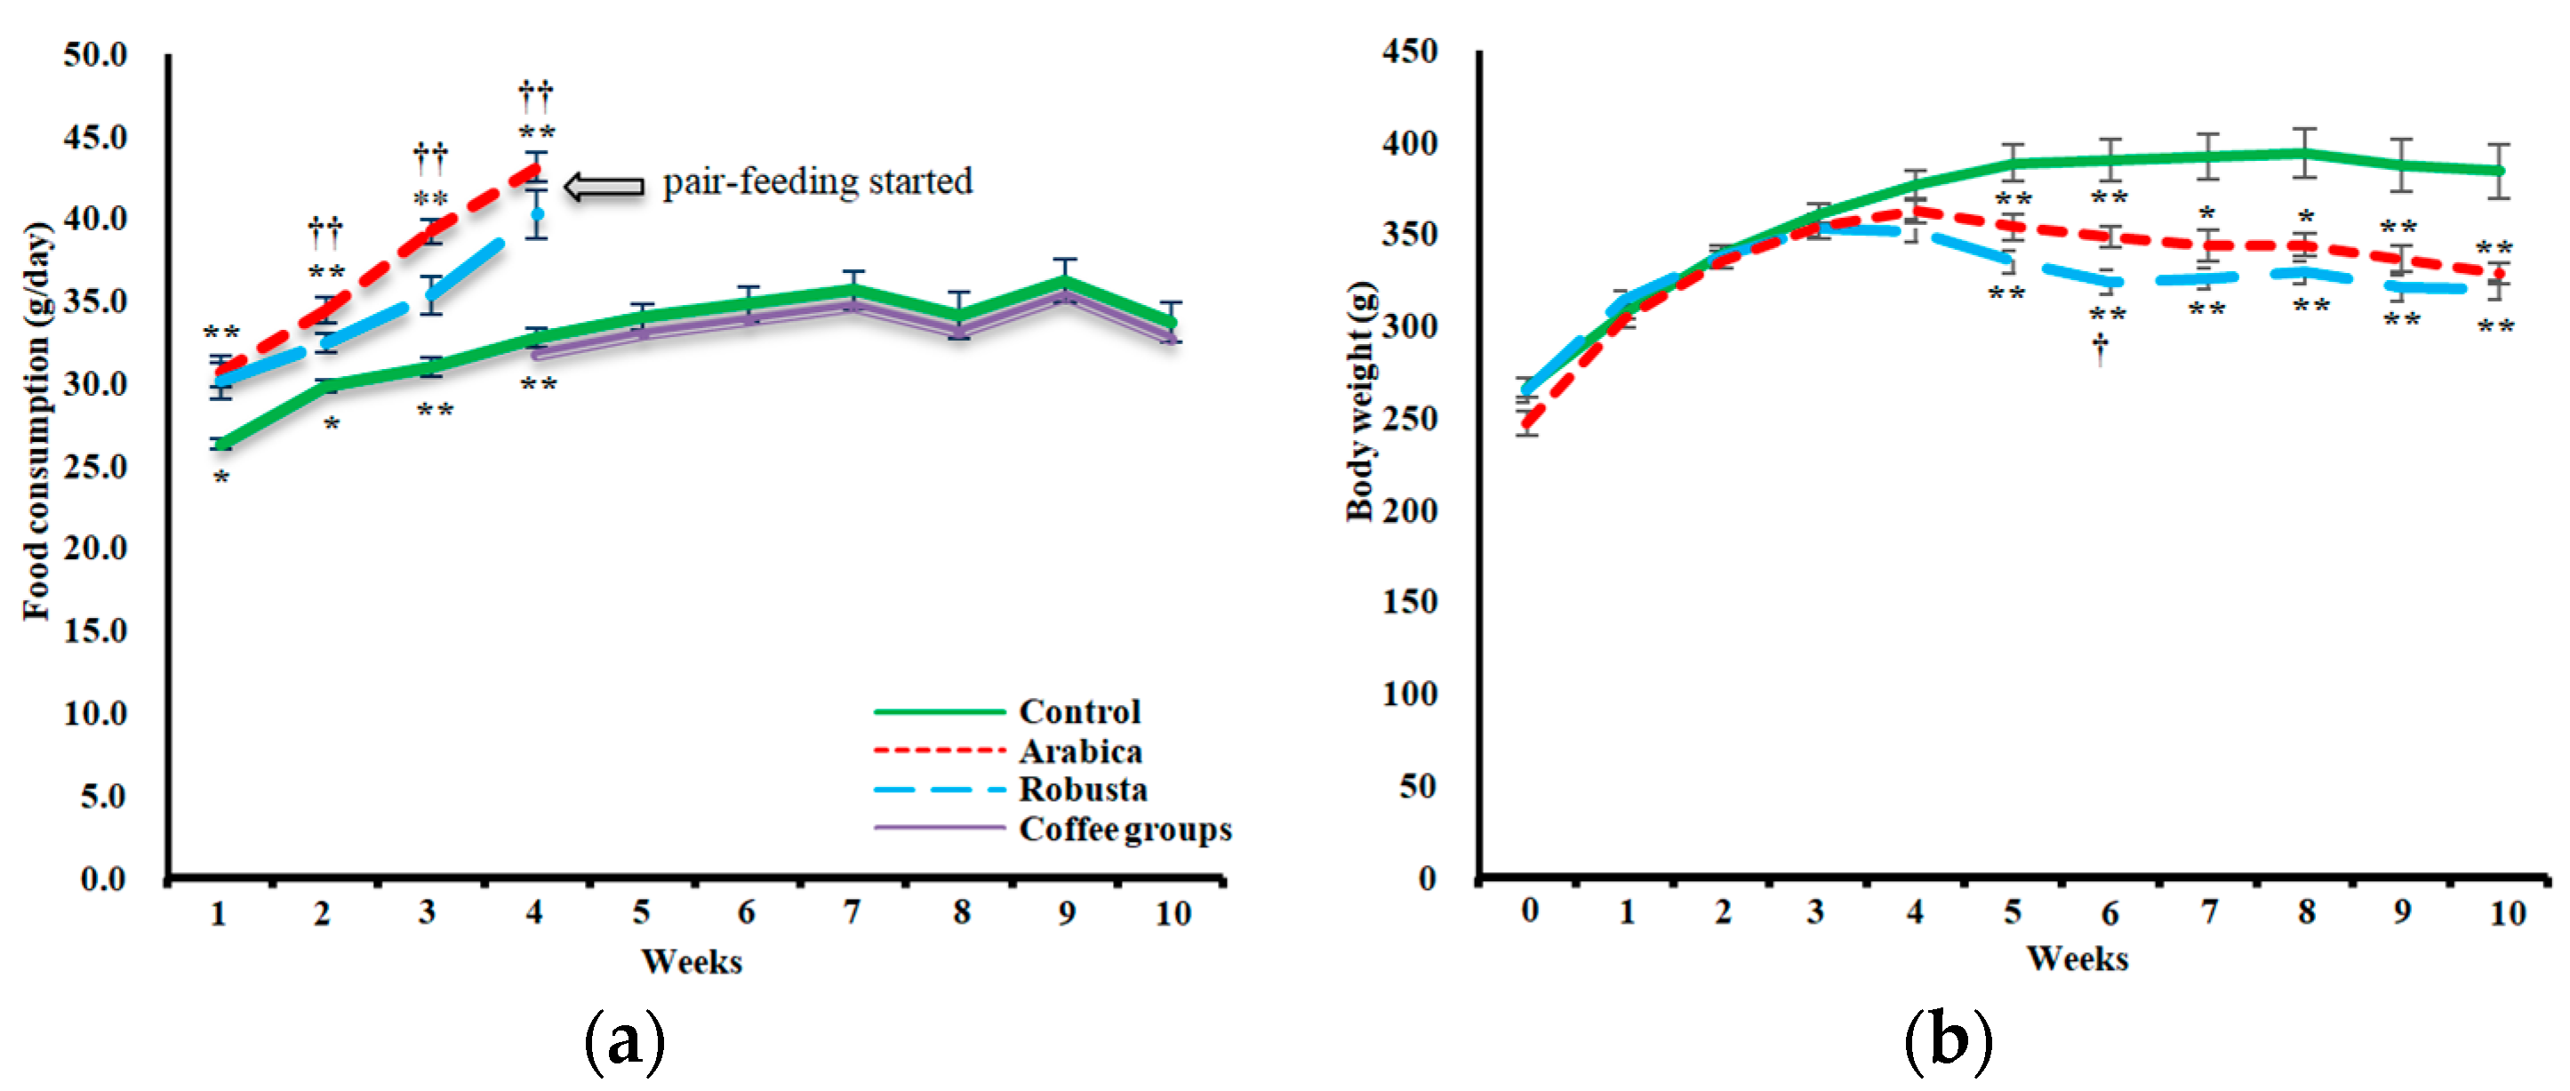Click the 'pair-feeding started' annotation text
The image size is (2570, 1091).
817,182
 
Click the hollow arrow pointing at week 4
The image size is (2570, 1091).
604,186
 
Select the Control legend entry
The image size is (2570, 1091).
1078,711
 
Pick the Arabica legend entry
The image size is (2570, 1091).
1079,750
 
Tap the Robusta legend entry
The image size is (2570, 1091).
1083,790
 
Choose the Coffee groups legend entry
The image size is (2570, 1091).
1125,830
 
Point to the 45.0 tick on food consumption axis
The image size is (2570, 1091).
96,137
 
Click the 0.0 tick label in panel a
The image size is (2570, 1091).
103,878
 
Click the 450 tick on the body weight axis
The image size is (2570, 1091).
1409,51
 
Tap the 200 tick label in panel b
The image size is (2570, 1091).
1409,510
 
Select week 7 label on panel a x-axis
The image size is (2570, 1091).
851,911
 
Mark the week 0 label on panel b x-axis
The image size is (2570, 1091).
1529,911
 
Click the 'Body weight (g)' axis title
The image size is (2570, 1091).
1361,401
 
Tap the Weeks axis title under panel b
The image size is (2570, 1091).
2078,959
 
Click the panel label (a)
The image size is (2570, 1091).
625,1041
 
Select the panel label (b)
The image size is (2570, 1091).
1948,1041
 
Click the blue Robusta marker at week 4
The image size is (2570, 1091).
537,213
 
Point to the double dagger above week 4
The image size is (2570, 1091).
535,96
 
